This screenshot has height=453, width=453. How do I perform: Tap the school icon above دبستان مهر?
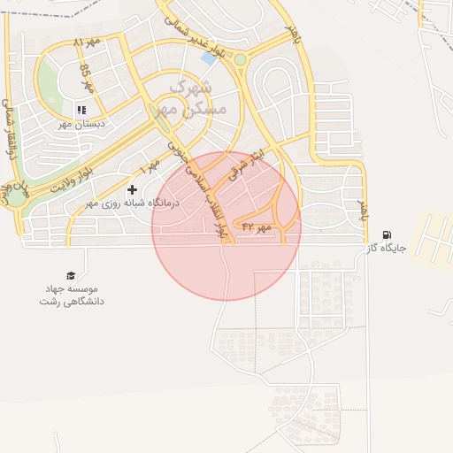(81, 111)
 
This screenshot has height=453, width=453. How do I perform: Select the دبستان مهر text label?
(81, 125)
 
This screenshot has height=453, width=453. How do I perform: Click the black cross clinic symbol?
(133, 189)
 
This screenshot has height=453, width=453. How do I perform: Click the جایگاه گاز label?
(387, 249)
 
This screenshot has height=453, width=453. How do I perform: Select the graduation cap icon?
(71, 275)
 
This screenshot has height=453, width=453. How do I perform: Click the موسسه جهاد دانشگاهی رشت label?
(71, 295)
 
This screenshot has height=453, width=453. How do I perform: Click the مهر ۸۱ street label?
(87, 42)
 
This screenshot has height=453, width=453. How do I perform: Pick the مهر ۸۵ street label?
(86, 79)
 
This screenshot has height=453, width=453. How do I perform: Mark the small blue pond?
(209, 58)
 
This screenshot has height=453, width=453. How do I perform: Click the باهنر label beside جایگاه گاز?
(362, 211)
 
